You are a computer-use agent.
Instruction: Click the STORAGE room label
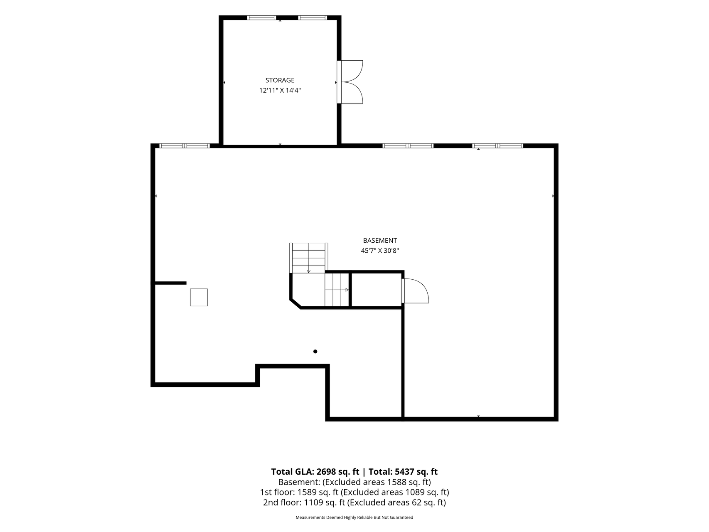tap(280, 80)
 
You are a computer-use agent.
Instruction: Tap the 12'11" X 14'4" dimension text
tap(280, 90)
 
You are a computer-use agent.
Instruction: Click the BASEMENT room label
tap(380, 241)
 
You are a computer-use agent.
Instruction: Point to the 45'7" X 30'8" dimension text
tap(380, 251)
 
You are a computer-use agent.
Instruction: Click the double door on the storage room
tap(350, 82)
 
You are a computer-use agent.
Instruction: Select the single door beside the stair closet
tap(415, 291)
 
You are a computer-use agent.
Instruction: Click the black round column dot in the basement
tap(315, 352)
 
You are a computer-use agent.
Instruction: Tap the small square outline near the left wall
tap(199, 298)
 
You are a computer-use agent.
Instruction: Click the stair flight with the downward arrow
tap(309, 258)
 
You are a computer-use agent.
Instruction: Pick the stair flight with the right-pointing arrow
tap(337, 290)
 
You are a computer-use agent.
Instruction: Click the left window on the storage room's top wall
tap(261, 18)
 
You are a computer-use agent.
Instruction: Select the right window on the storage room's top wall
tap(313, 18)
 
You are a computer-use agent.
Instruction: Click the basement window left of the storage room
tap(185, 146)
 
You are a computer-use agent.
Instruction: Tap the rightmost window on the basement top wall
tap(498, 146)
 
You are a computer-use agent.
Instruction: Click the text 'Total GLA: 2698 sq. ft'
tap(315, 472)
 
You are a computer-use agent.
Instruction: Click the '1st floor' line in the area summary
tap(354, 493)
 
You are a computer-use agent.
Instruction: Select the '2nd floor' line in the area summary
tap(354, 503)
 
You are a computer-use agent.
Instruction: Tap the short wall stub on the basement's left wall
tap(170, 283)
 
